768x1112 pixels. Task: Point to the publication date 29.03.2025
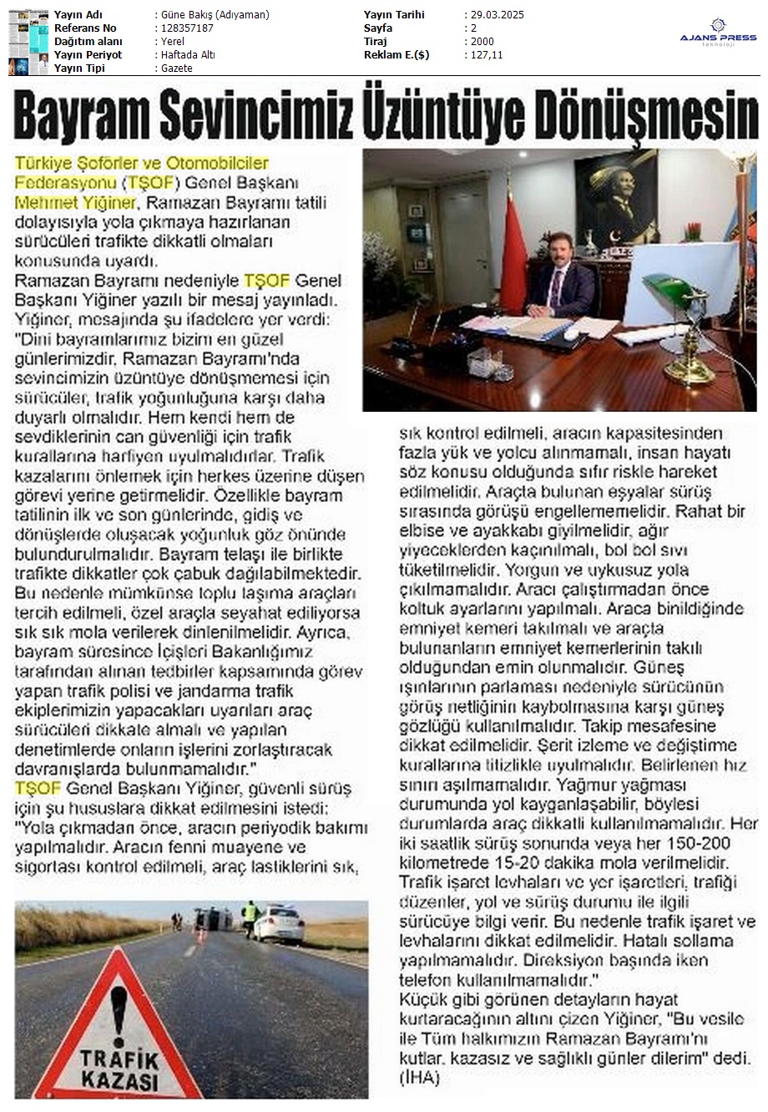(x=493, y=15)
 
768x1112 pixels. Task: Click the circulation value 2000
(x=482, y=42)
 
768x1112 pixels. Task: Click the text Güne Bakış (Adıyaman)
(x=215, y=15)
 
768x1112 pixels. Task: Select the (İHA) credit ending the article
(x=422, y=1079)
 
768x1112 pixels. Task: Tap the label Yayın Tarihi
(x=394, y=15)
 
